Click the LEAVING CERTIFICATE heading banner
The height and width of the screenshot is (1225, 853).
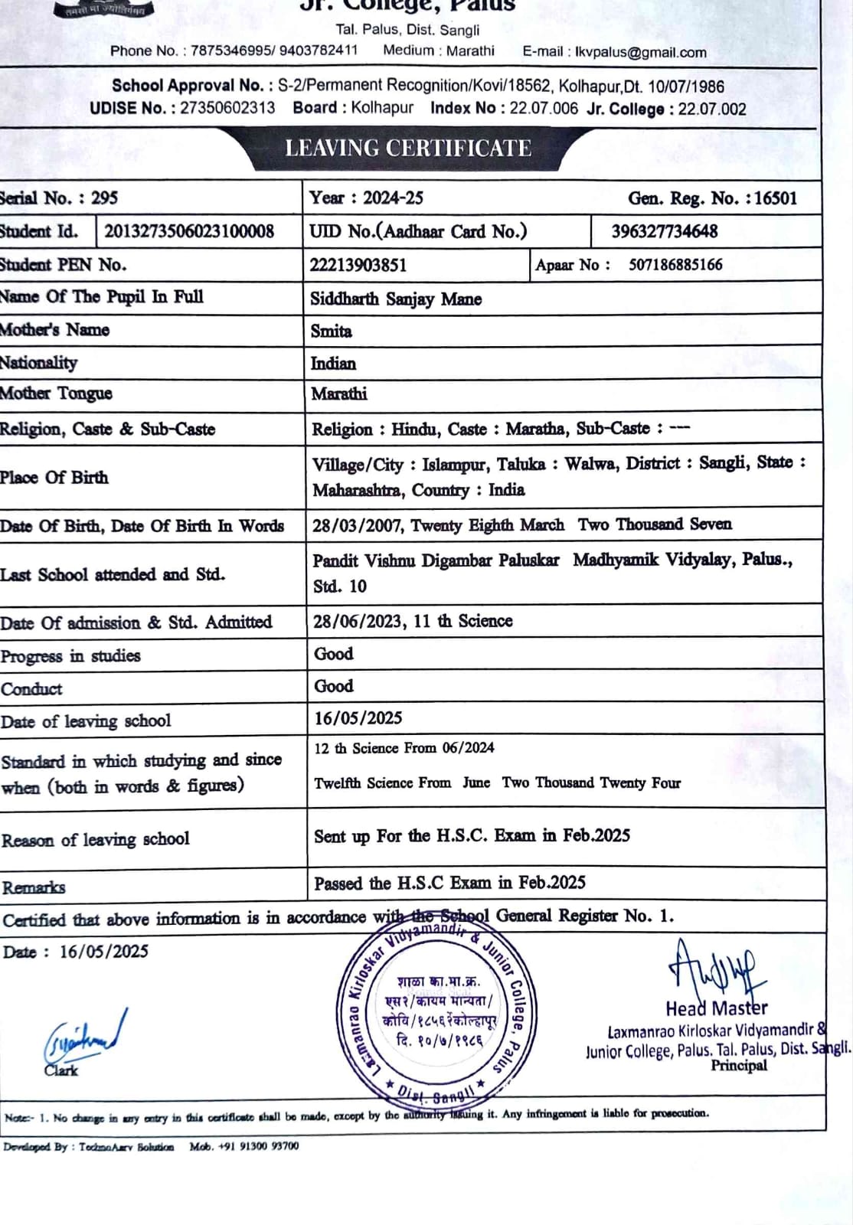pos(407,148)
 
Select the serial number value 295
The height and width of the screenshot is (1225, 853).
pos(104,198)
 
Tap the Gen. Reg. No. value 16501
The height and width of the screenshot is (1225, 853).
pos(776,198)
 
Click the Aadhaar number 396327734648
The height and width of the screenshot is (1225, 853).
pos(665,231)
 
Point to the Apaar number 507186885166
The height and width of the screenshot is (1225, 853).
pos(675,265)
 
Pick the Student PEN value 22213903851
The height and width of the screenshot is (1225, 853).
pos(358,265)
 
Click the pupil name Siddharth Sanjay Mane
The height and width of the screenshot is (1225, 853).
pos(396,299)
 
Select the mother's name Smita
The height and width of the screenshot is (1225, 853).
pos(331,331)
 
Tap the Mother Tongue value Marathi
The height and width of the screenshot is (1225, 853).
pos(338,394)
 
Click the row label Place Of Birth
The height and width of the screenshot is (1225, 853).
pos(54,477)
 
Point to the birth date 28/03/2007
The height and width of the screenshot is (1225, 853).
pos(358,525)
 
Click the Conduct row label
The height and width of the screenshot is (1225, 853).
pos(31,688)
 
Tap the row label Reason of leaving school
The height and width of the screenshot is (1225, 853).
pos(96,839)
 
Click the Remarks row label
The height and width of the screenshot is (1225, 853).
pos(34,887)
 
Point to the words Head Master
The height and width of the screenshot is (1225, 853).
pos(716,1008)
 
